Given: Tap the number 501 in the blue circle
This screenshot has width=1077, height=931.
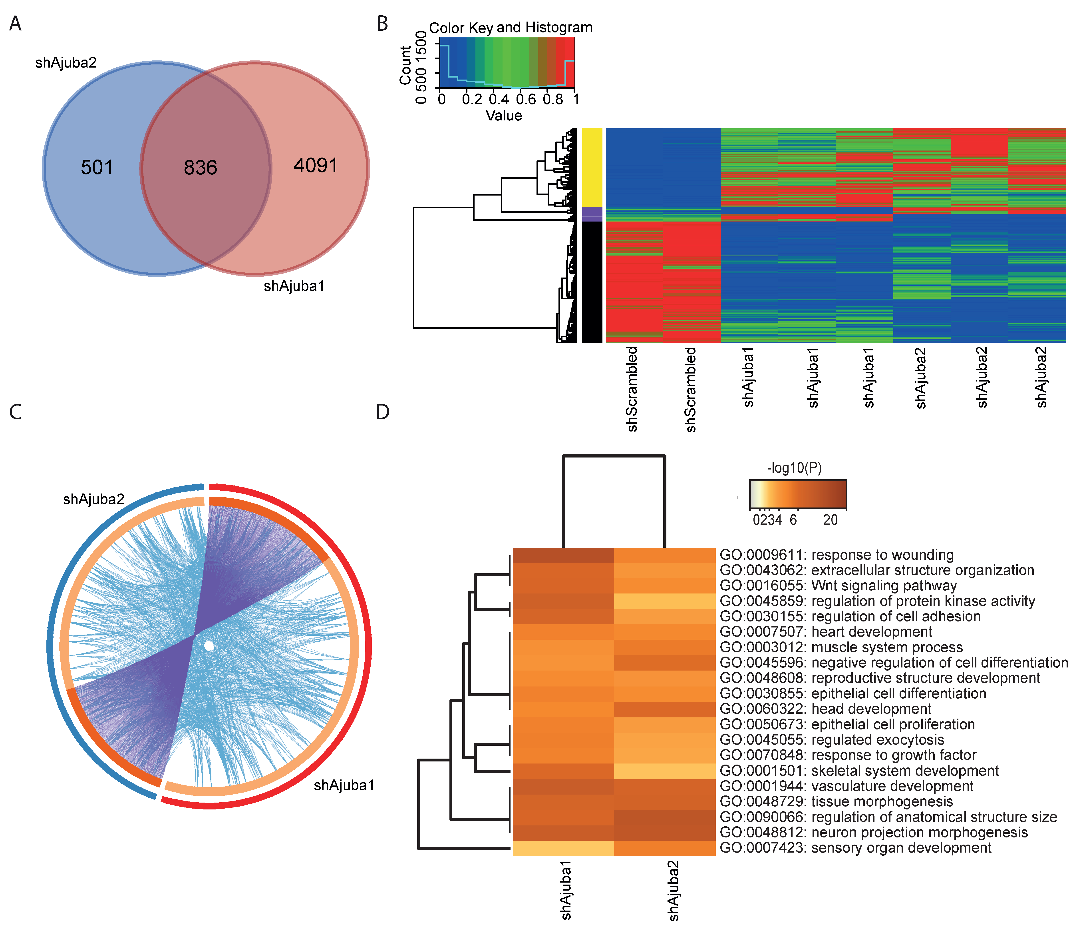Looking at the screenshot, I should [97, 168].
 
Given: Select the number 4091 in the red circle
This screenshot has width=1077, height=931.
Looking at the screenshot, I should [316, 165].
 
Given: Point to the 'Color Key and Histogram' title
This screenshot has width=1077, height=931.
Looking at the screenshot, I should [511, 28].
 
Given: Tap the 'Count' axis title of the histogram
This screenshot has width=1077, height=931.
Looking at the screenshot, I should [405, 65].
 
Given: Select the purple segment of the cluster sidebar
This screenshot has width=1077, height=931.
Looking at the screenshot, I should [592, 214].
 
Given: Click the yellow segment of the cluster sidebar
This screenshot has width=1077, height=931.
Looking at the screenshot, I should [592, 168].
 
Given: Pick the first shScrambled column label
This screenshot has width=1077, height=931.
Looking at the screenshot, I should [632, 389].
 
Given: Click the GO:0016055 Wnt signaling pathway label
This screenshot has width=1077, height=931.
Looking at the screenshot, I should [838, 586].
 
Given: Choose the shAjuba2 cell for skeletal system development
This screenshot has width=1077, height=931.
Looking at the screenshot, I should [665, 771].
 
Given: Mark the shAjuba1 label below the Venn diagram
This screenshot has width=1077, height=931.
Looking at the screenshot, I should [294, 286].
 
